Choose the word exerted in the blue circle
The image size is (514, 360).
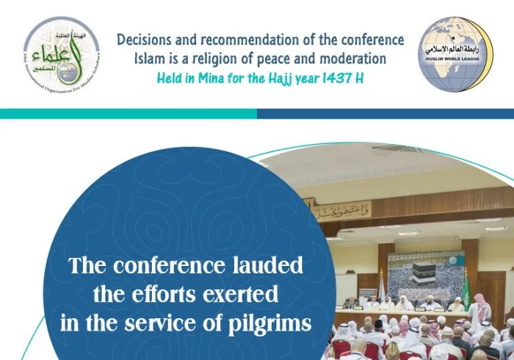[x=240, y=295]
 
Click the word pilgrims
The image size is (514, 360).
[x=269, y=323]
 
